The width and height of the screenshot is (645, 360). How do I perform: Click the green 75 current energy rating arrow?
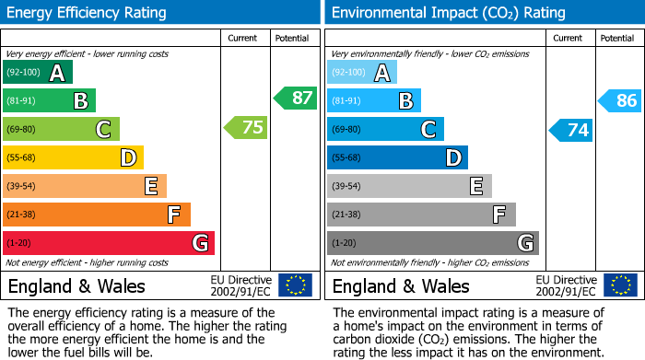247,128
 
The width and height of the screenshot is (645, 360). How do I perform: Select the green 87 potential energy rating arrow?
296,98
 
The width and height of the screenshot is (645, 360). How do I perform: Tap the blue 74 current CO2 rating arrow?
571,130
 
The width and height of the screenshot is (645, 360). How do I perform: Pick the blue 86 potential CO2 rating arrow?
620,100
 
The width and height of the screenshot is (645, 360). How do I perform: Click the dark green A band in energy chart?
38,73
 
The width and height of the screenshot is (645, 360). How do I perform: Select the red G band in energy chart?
109,243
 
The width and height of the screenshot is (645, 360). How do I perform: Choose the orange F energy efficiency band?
97,215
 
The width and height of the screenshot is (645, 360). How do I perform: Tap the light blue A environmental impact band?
362,73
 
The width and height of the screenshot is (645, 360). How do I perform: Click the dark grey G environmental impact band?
433,243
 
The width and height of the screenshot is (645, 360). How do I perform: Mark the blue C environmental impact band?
385,130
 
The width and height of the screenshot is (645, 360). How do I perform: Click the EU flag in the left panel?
295,285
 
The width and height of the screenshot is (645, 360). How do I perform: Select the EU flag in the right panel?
619,285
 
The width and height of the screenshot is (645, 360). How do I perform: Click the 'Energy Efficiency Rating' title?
88,13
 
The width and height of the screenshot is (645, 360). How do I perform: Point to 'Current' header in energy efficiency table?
244,39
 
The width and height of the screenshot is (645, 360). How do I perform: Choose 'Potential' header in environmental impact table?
616,39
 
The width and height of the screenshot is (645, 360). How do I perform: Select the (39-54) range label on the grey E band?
348,187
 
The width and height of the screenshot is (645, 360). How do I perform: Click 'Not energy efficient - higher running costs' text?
88,262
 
